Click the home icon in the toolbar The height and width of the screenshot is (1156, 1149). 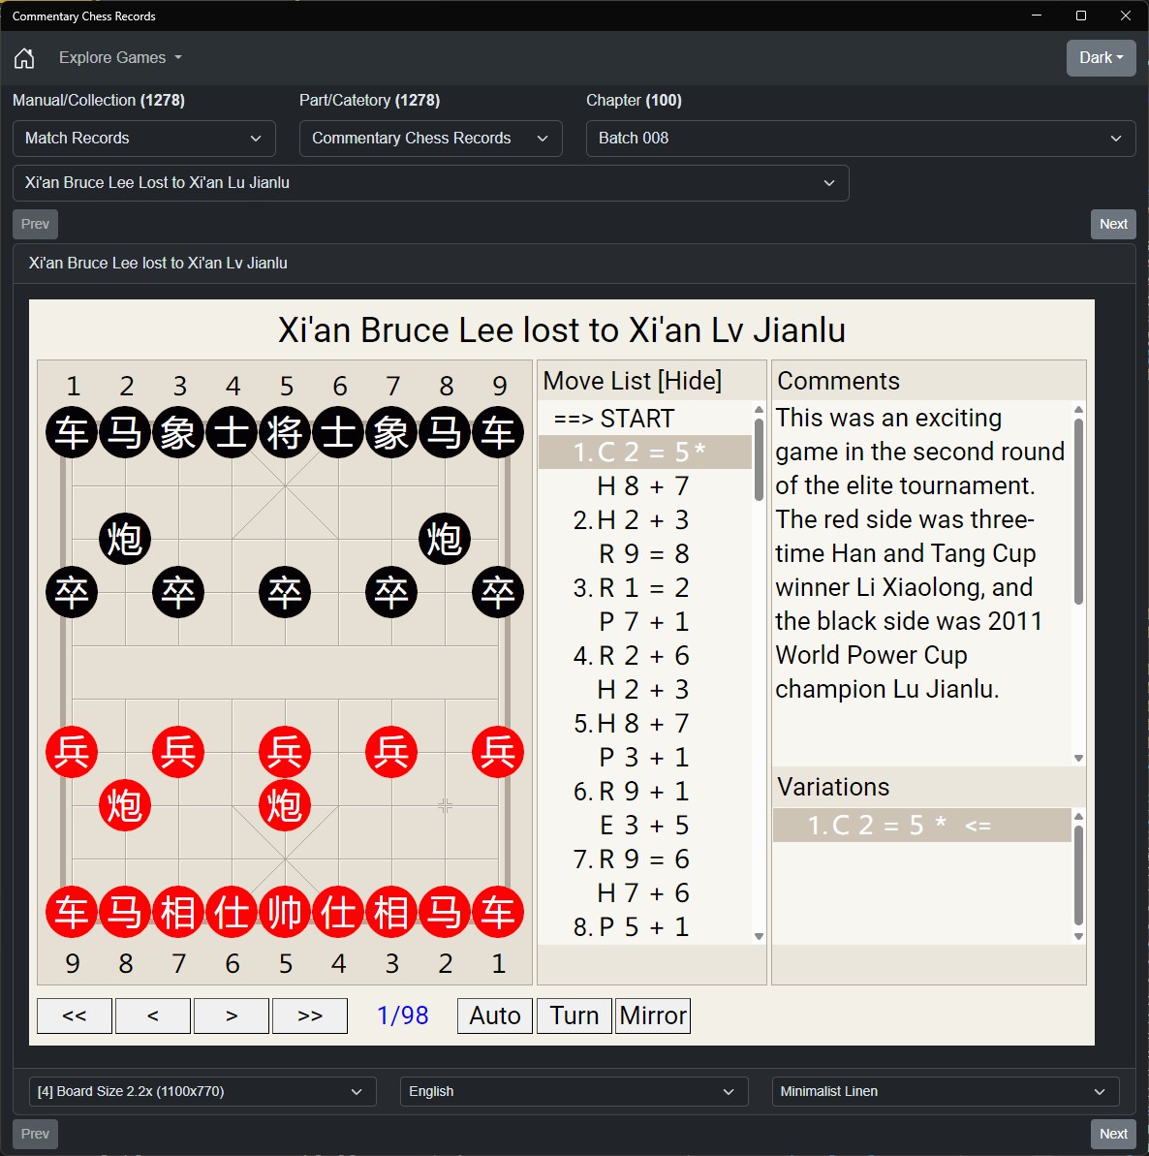pyautogui.click(x=24, y=57)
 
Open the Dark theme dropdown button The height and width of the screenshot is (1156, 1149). pyautogui.click(x=1102, y=57)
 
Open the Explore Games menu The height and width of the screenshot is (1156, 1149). pyautogui.click(x=120, y=57)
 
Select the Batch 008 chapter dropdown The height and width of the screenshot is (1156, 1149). pyautogui.click(x=860, y=139)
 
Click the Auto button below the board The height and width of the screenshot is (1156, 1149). pyautogui.click(x=494, y=1015)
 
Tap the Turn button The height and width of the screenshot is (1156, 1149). pyautogui.click(x=574, y=1015)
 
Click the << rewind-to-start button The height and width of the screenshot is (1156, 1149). pyautogui.click(x=75, y=1015)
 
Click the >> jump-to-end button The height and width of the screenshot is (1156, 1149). pyautogui.click(x=310, y=1015)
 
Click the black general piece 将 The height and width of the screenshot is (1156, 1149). pyautogui.click(x=285, y=432)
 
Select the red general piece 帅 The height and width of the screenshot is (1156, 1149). pyautogui.click(x=285, y=911)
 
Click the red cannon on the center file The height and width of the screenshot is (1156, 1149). pyautogui.click(x=285, y=805)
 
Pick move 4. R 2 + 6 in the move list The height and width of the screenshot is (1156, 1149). pyautogui.click(x=632, y=655)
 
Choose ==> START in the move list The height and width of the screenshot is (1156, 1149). pyautogui.click(x=614, y=418)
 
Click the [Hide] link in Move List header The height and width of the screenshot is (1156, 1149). pyautogui.click(x=690, y=381)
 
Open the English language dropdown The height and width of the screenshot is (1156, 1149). pyautogui.click(x=574, y=1091)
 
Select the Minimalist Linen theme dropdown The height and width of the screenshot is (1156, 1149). pyautogui.click(x=946, y=1091)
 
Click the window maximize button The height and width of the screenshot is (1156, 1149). pyautogui.click(x=1081, y=16)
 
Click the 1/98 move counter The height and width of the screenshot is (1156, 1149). pyautogui.click(x=402, y=1015)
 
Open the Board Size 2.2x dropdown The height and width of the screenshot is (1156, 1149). pyautogui.click(x=202, y=1091)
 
